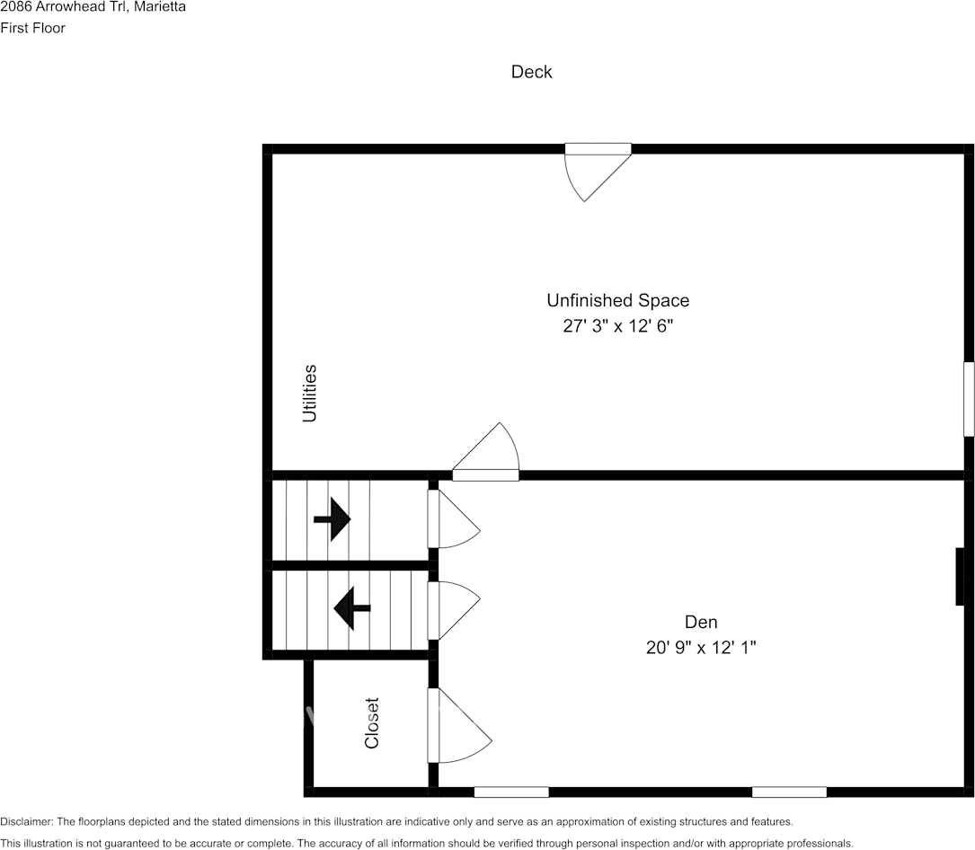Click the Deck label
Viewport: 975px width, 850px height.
[531, 72]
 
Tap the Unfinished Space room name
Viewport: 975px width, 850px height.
[617, 300]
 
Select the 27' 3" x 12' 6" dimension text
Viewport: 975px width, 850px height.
[617, 326]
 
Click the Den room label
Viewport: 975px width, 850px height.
[701, 622]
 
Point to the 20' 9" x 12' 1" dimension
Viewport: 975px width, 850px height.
[701, 647]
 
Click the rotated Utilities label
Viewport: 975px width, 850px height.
[310, 393]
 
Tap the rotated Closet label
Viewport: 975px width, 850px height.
[372, 723]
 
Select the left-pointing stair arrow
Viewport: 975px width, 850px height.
[351, 608]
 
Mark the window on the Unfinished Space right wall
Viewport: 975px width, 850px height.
[969, 399]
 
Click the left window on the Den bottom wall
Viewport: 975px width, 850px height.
[511, 792]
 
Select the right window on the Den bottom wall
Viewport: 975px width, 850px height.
[789, 792]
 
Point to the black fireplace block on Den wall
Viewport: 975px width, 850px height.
[960, 576]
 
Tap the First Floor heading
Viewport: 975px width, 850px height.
[33, 28]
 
